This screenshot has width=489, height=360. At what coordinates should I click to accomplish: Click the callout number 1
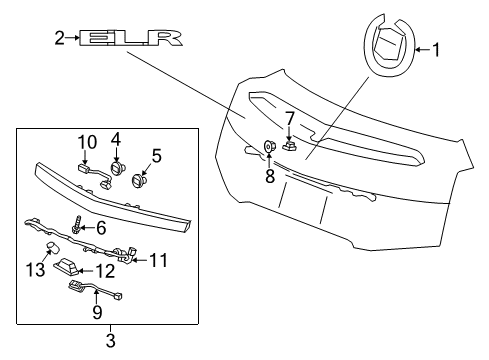pos(437,47)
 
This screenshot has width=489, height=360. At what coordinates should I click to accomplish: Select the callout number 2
pos(59,38)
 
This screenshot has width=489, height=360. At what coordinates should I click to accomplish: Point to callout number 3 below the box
pos(110,342)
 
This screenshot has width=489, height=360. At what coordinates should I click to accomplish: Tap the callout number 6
pos(99,229)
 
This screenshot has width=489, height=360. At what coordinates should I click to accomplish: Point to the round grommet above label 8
pos(269,148)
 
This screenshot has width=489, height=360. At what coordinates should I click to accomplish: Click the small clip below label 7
pos(289,144)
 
